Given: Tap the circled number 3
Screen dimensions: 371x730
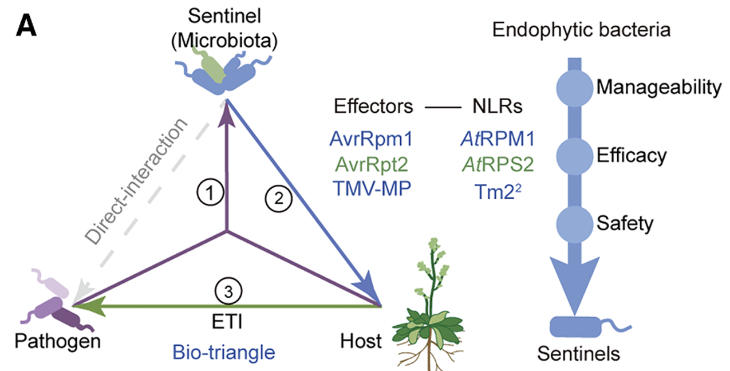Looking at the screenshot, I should coord(228,291).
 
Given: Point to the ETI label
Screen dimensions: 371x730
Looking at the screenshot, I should coord(228,322).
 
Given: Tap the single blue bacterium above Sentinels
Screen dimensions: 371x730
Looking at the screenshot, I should coord(575,327).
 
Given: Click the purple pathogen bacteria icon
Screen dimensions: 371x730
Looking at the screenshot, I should coord(54,306).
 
